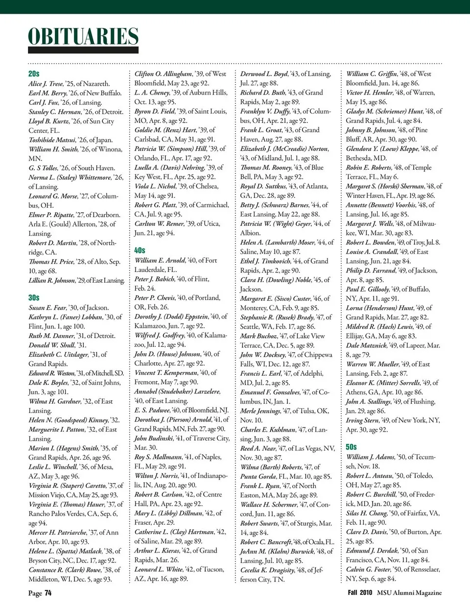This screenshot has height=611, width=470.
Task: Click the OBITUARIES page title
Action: [x=83, y=37]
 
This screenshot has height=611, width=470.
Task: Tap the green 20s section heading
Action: [x=34, y=73]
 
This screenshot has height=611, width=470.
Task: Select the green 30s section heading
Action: [x=34, y=297]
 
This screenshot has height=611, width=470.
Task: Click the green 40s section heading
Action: [x=140, y=250]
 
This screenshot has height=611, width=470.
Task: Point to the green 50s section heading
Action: [x=351, y=447]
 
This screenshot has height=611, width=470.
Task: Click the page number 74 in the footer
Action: [x=48, y=593]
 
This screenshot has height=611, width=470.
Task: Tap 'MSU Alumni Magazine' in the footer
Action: [x=409, y=593]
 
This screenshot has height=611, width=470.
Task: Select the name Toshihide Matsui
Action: [x=52, y=140]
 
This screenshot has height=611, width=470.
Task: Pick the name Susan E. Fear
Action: [x=47, y=308]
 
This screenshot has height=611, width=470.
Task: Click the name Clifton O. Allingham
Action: [x=164, y=74]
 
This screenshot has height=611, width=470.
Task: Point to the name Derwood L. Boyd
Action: [x=264, y=74]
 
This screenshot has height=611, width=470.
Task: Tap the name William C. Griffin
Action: [x=370, y=74]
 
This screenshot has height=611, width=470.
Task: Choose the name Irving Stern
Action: [x=363, y=420]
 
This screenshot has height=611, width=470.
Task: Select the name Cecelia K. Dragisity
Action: [x=268, y=570]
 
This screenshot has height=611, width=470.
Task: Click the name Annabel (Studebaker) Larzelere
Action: [x=177, y=391]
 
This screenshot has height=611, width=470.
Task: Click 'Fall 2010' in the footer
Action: [x=360, y=593]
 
